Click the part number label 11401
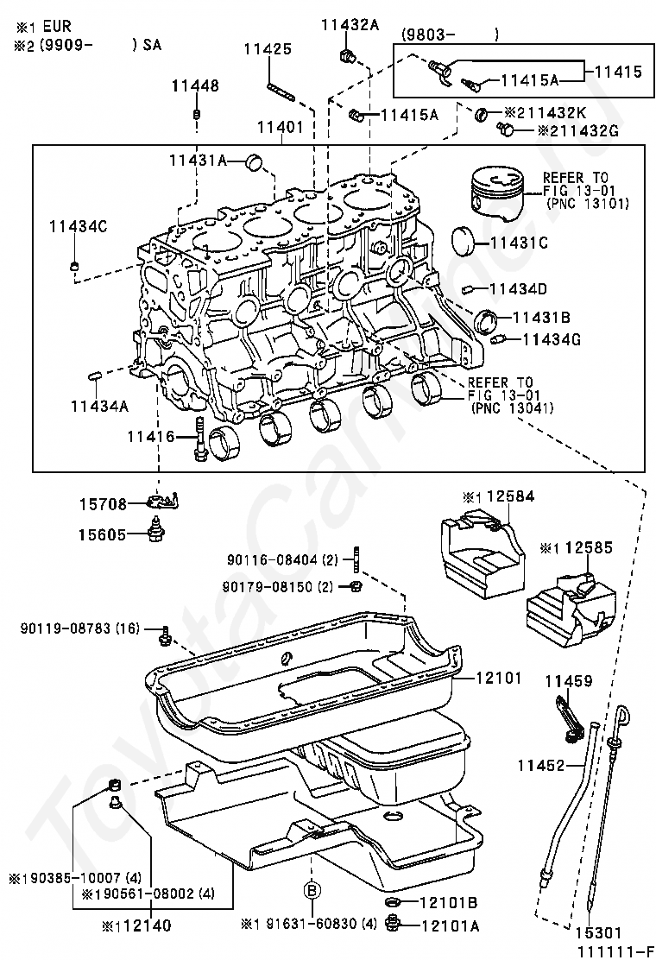click(280, 128)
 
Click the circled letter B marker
click(312, 889)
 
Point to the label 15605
click(102, 534)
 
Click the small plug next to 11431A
click(254, 163)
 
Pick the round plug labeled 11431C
click(466, 241)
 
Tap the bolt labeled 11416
click(199, 439)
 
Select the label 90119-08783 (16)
click(80, 628)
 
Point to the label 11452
click(541, 765)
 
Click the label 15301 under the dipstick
click(598, 933)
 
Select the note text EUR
click(57, 26)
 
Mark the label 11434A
click(100, 405)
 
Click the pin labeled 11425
click(281, 91)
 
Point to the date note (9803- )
click(450, 35)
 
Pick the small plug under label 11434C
click(73, 266)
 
